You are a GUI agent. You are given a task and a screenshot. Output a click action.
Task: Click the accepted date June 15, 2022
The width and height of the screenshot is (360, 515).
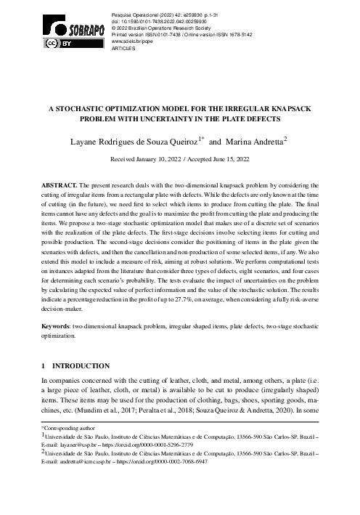click(x=228, y=156)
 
